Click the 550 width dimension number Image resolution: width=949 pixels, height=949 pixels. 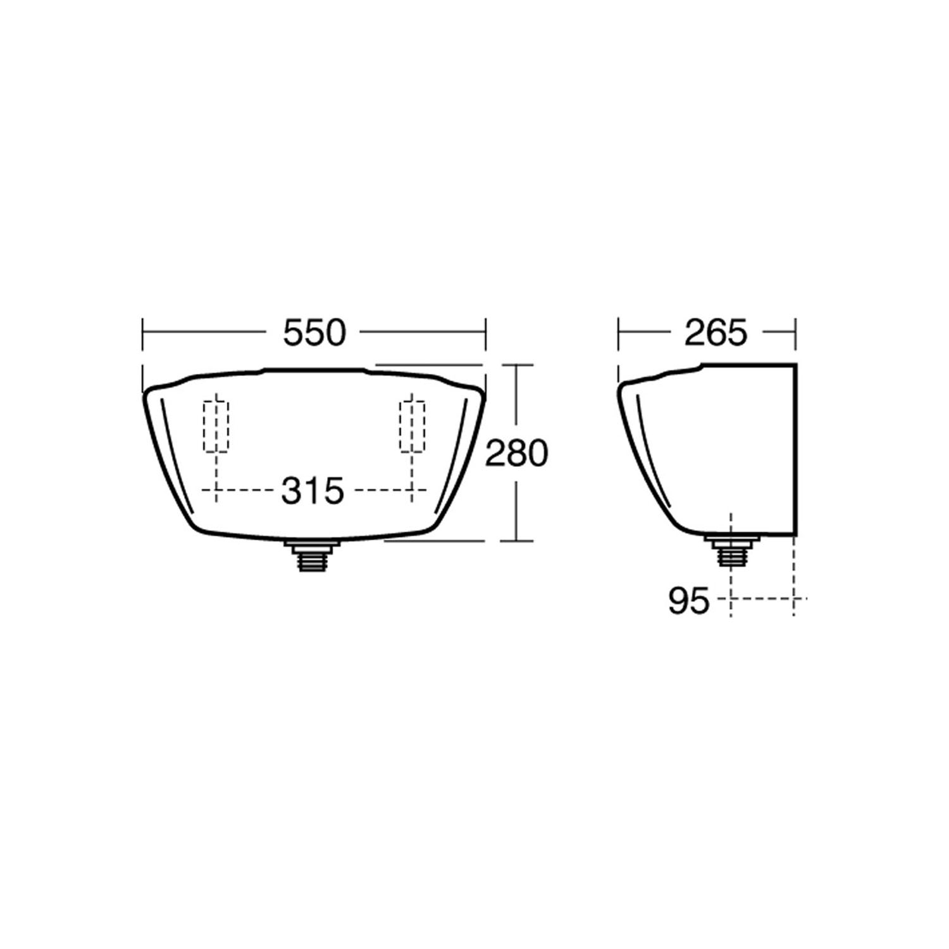(314, 333)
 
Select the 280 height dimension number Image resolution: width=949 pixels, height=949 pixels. (516, 454)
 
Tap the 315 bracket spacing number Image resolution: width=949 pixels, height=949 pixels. (313, 491)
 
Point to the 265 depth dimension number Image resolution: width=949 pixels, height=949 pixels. (716, 333)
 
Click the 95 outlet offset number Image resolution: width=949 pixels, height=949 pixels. (688, 601)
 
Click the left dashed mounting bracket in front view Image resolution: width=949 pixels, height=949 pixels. (216, 426)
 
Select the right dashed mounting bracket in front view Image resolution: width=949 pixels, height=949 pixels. (412, 426)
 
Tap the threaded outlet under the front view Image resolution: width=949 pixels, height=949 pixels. (313, 556)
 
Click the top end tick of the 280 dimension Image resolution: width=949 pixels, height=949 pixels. (517, 365)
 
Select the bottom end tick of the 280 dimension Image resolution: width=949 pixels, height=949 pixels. (517, 541)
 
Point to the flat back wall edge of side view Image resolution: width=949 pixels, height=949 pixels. (795, 449)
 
